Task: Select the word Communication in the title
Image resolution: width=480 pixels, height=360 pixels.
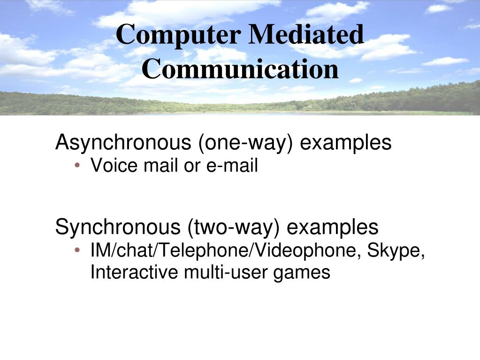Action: (x=240, y=69)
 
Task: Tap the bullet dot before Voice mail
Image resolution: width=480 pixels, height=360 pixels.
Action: (x=77, y=166)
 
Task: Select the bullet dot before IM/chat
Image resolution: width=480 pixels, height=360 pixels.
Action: (x=77, y=251)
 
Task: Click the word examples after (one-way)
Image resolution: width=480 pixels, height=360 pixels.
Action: (x=345, y=143)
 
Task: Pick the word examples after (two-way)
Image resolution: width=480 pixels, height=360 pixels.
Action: (x=332, y=228)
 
